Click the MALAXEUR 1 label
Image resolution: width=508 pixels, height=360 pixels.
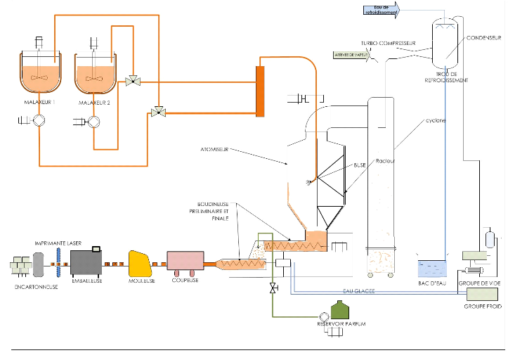39,103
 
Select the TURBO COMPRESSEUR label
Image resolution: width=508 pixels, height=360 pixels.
389,44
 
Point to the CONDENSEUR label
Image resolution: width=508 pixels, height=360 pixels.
484,38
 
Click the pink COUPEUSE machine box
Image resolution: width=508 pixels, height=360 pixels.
184,263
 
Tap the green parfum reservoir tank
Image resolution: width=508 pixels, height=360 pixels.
341,311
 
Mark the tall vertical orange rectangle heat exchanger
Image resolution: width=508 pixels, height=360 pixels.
260,89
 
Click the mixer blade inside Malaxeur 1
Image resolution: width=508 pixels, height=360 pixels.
39,78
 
